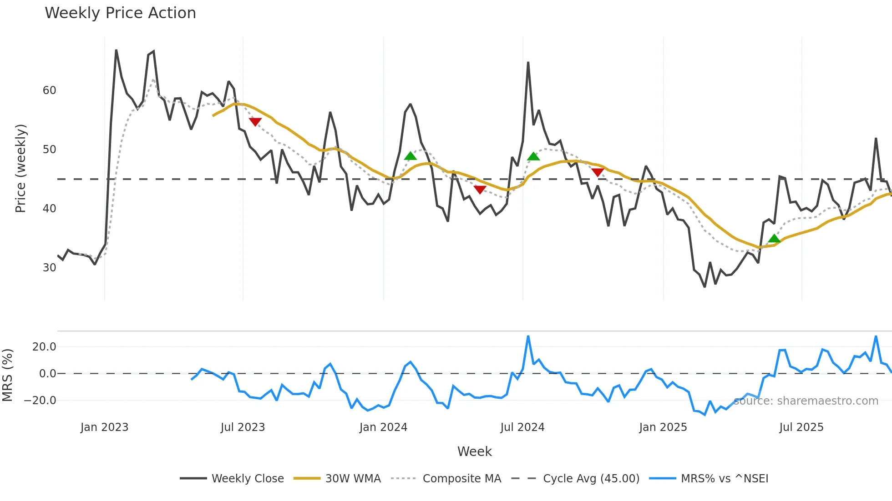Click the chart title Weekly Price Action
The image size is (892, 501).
click(x=120, y=13)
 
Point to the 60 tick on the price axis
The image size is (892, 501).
click(x=49, y=90)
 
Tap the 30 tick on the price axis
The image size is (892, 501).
click(x=49, y=267)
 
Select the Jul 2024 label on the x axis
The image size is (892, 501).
click(x=522, y=427)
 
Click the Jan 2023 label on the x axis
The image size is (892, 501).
click(x=104, y=427)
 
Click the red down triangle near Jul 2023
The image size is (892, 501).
click(x=255, y=122)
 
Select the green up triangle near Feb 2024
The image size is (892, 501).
click(x=410, y=156)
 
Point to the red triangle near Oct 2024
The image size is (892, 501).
click(x=598, y=172)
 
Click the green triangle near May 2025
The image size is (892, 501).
click(x=774, y=239)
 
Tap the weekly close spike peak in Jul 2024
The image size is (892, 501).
click(x=528, y=62)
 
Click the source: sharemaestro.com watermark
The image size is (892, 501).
click(x=806, y=401)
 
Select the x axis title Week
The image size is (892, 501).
click(x=474, y=451)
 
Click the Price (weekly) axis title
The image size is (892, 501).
click(x=21, y=168)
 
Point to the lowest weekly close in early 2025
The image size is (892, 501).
click(x=704, y=286)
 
